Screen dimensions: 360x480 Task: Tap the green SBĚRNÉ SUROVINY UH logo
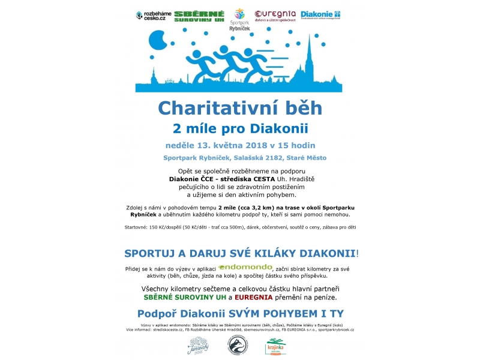(x=200, y=16)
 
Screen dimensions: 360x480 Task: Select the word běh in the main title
(x=303, y=108)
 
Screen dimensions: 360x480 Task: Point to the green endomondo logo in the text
(x=245, y=267)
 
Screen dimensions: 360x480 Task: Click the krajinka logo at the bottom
(x=276, y=346)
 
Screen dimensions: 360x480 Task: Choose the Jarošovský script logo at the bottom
(x=198, y=344)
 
